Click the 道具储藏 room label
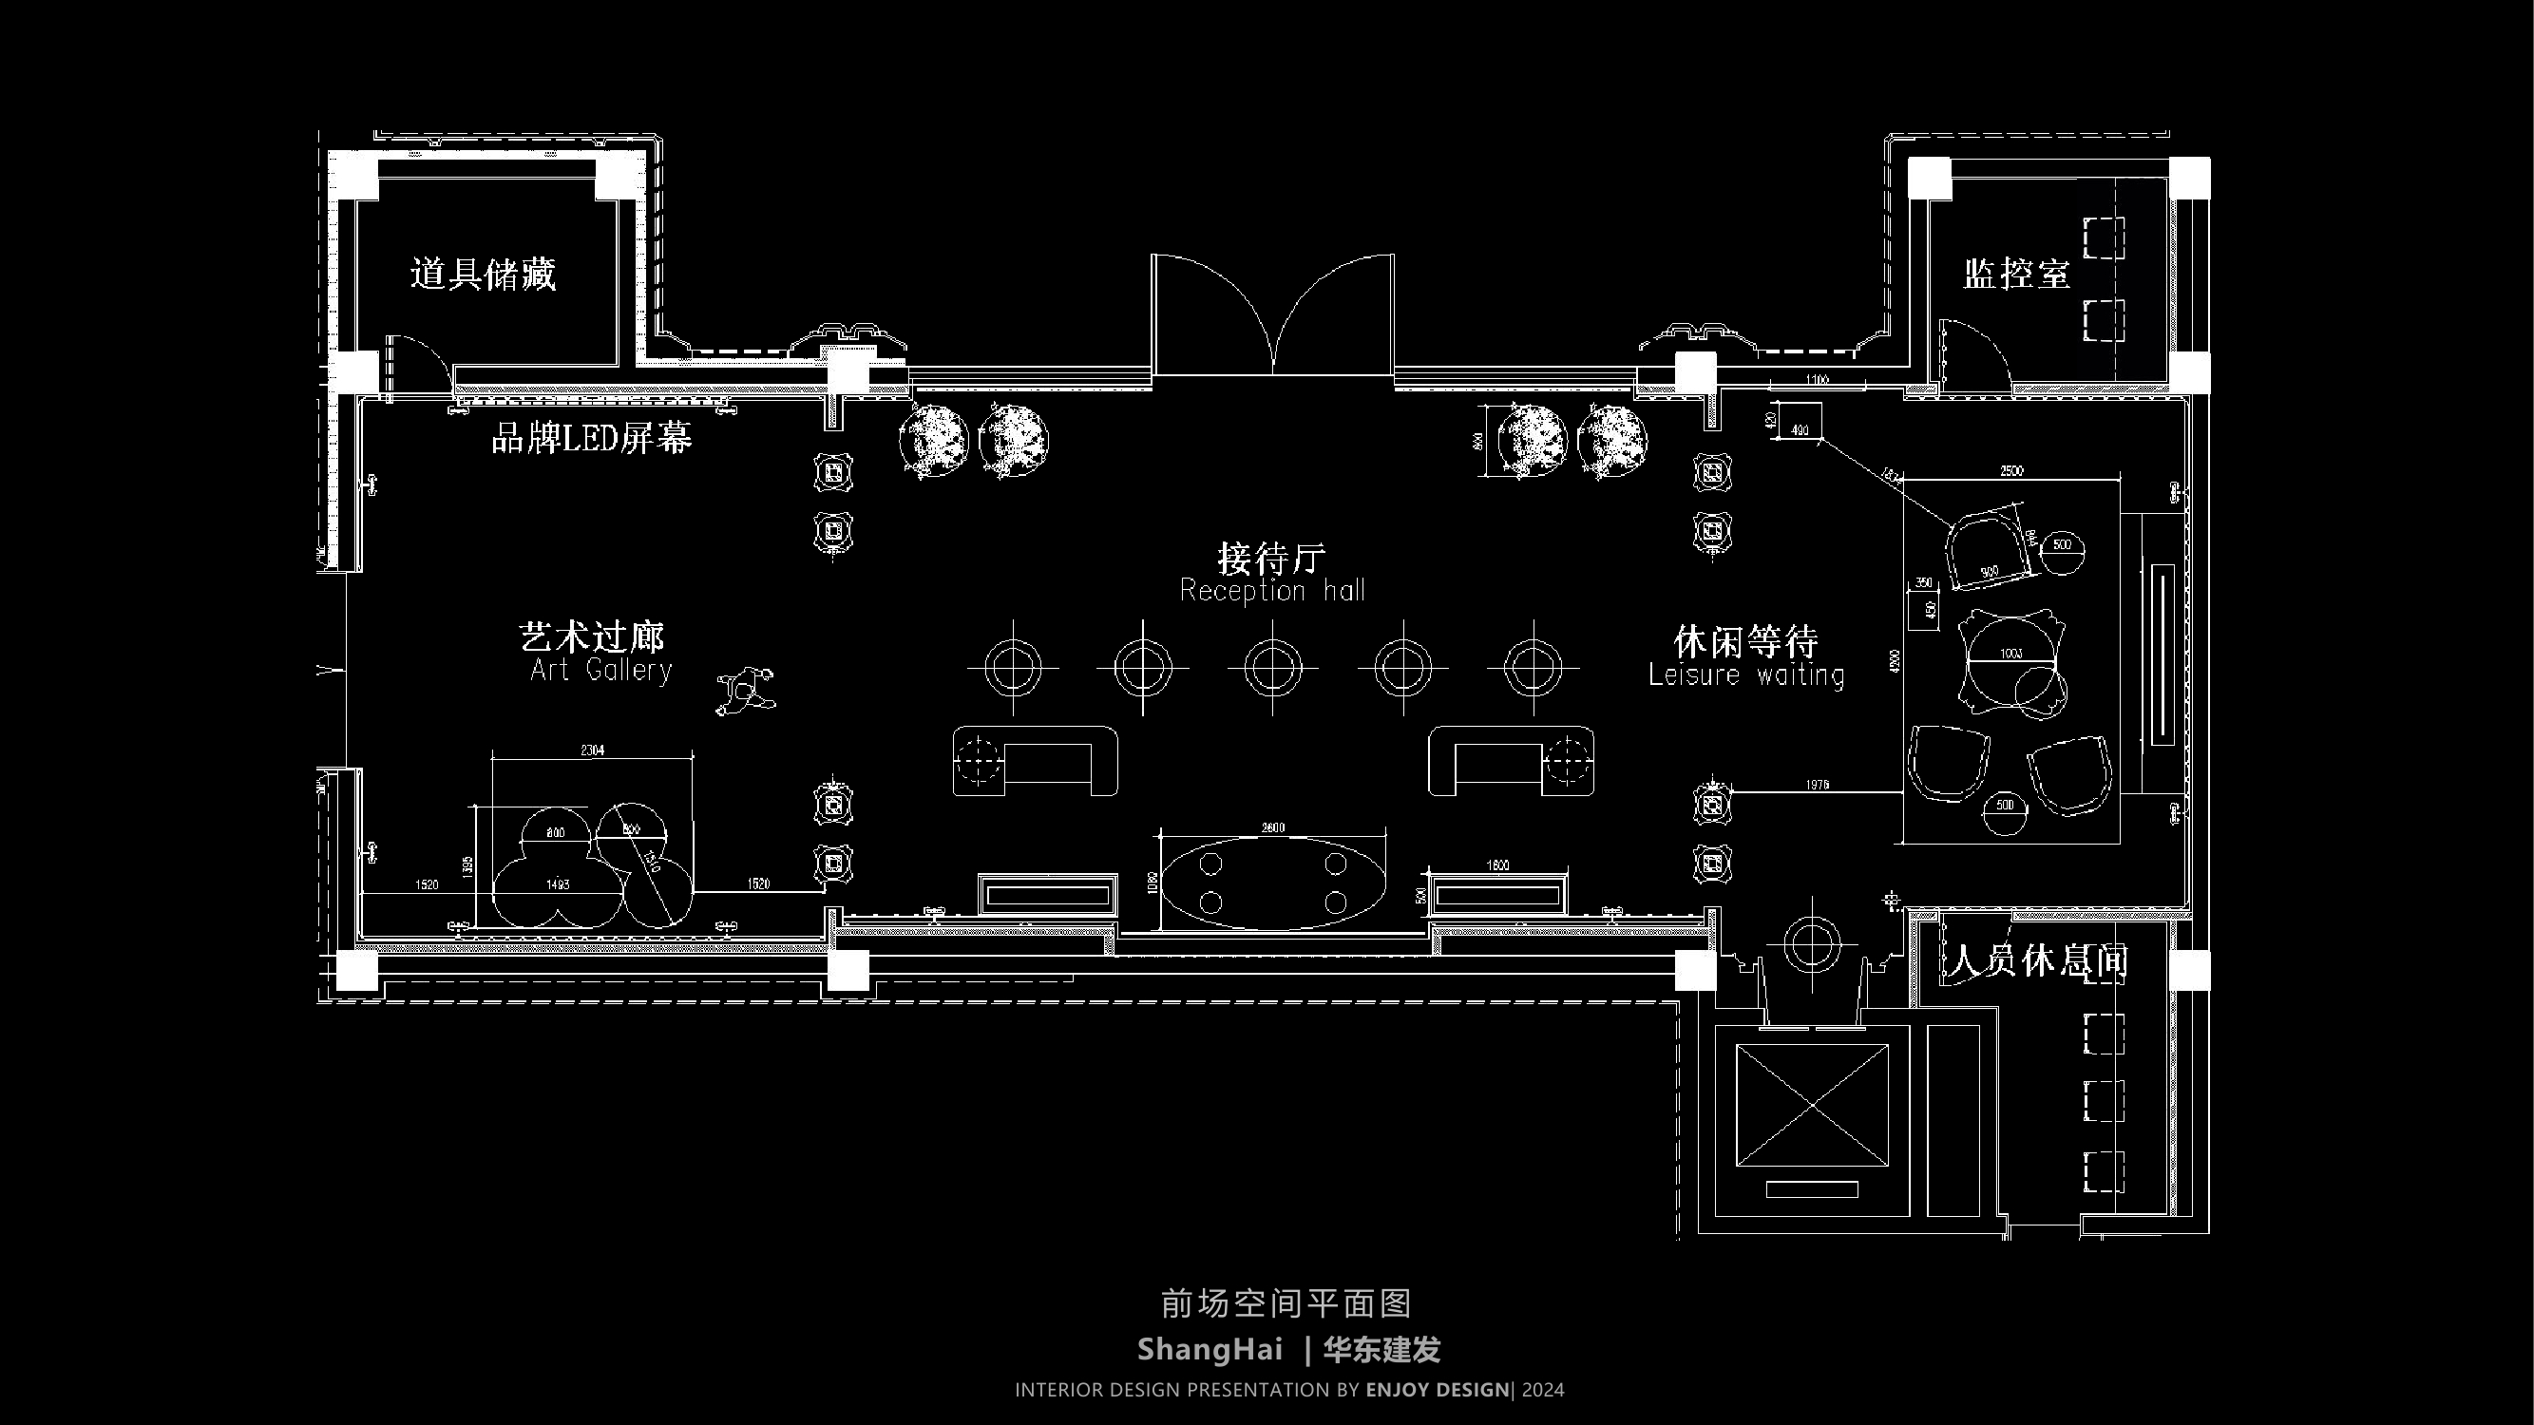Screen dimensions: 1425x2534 (482, 275)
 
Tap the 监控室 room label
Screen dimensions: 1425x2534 (2016, 275)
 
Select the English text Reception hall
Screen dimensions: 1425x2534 (1272, 591)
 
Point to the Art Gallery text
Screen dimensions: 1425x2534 (600, 671)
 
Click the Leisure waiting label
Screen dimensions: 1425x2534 (1746, 675)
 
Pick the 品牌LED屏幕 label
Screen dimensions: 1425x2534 (591, 439)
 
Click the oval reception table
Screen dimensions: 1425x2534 (1273, 883)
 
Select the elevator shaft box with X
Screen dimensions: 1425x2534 (1812, 1106)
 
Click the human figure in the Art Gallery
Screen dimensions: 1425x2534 (746, 691)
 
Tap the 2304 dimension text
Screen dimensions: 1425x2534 (592, 750)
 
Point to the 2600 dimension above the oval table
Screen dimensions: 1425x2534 (1273, 827)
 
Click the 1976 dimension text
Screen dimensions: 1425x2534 (1817, 784)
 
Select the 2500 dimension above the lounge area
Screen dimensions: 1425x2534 (2011, 471)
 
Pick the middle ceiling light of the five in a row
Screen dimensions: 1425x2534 (1272, 668)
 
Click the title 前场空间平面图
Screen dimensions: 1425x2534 (1286, 1304)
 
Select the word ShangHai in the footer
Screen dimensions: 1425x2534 (1210, 1349)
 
